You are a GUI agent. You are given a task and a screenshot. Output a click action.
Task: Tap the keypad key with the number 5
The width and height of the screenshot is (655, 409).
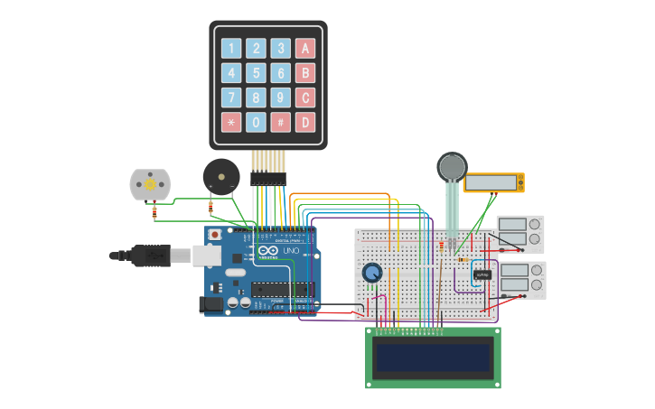tap(257, 73)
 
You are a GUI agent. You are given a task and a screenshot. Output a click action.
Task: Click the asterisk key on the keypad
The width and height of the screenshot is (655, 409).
tap(232, 122)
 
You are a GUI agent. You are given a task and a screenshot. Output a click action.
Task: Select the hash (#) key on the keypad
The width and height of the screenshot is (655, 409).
tap(281, 122)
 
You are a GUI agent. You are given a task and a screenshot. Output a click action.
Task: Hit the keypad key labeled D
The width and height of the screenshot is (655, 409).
tap(305, 122)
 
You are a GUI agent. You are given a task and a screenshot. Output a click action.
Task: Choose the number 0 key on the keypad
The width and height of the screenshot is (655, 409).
tap(257, 122)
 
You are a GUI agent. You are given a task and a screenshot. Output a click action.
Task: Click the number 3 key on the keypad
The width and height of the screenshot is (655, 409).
tap(281, 49)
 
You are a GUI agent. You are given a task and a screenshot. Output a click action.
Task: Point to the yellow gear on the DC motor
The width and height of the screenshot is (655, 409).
tap(149, 184)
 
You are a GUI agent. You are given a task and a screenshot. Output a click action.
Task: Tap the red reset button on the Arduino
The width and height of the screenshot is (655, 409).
tap(215, 235)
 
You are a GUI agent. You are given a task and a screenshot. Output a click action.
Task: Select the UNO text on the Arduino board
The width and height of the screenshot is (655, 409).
tap(290, 250)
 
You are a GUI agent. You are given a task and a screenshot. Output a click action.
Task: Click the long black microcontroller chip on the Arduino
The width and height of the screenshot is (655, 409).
tap(281, 290)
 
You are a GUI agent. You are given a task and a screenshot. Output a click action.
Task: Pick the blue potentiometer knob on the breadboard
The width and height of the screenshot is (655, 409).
tap(371, 273)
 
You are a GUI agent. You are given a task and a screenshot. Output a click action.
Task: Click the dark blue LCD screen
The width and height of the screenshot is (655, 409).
tap(433, 358)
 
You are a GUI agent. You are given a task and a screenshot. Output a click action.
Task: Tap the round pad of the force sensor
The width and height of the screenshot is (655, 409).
tap(452, 167)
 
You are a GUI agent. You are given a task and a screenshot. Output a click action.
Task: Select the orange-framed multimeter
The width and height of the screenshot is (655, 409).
tap(493, 182)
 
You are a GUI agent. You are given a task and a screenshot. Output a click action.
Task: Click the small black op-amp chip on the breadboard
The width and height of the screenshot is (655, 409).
tap(482, 274)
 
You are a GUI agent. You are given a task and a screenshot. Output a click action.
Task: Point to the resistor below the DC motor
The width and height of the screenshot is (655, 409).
tap(154, 213)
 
